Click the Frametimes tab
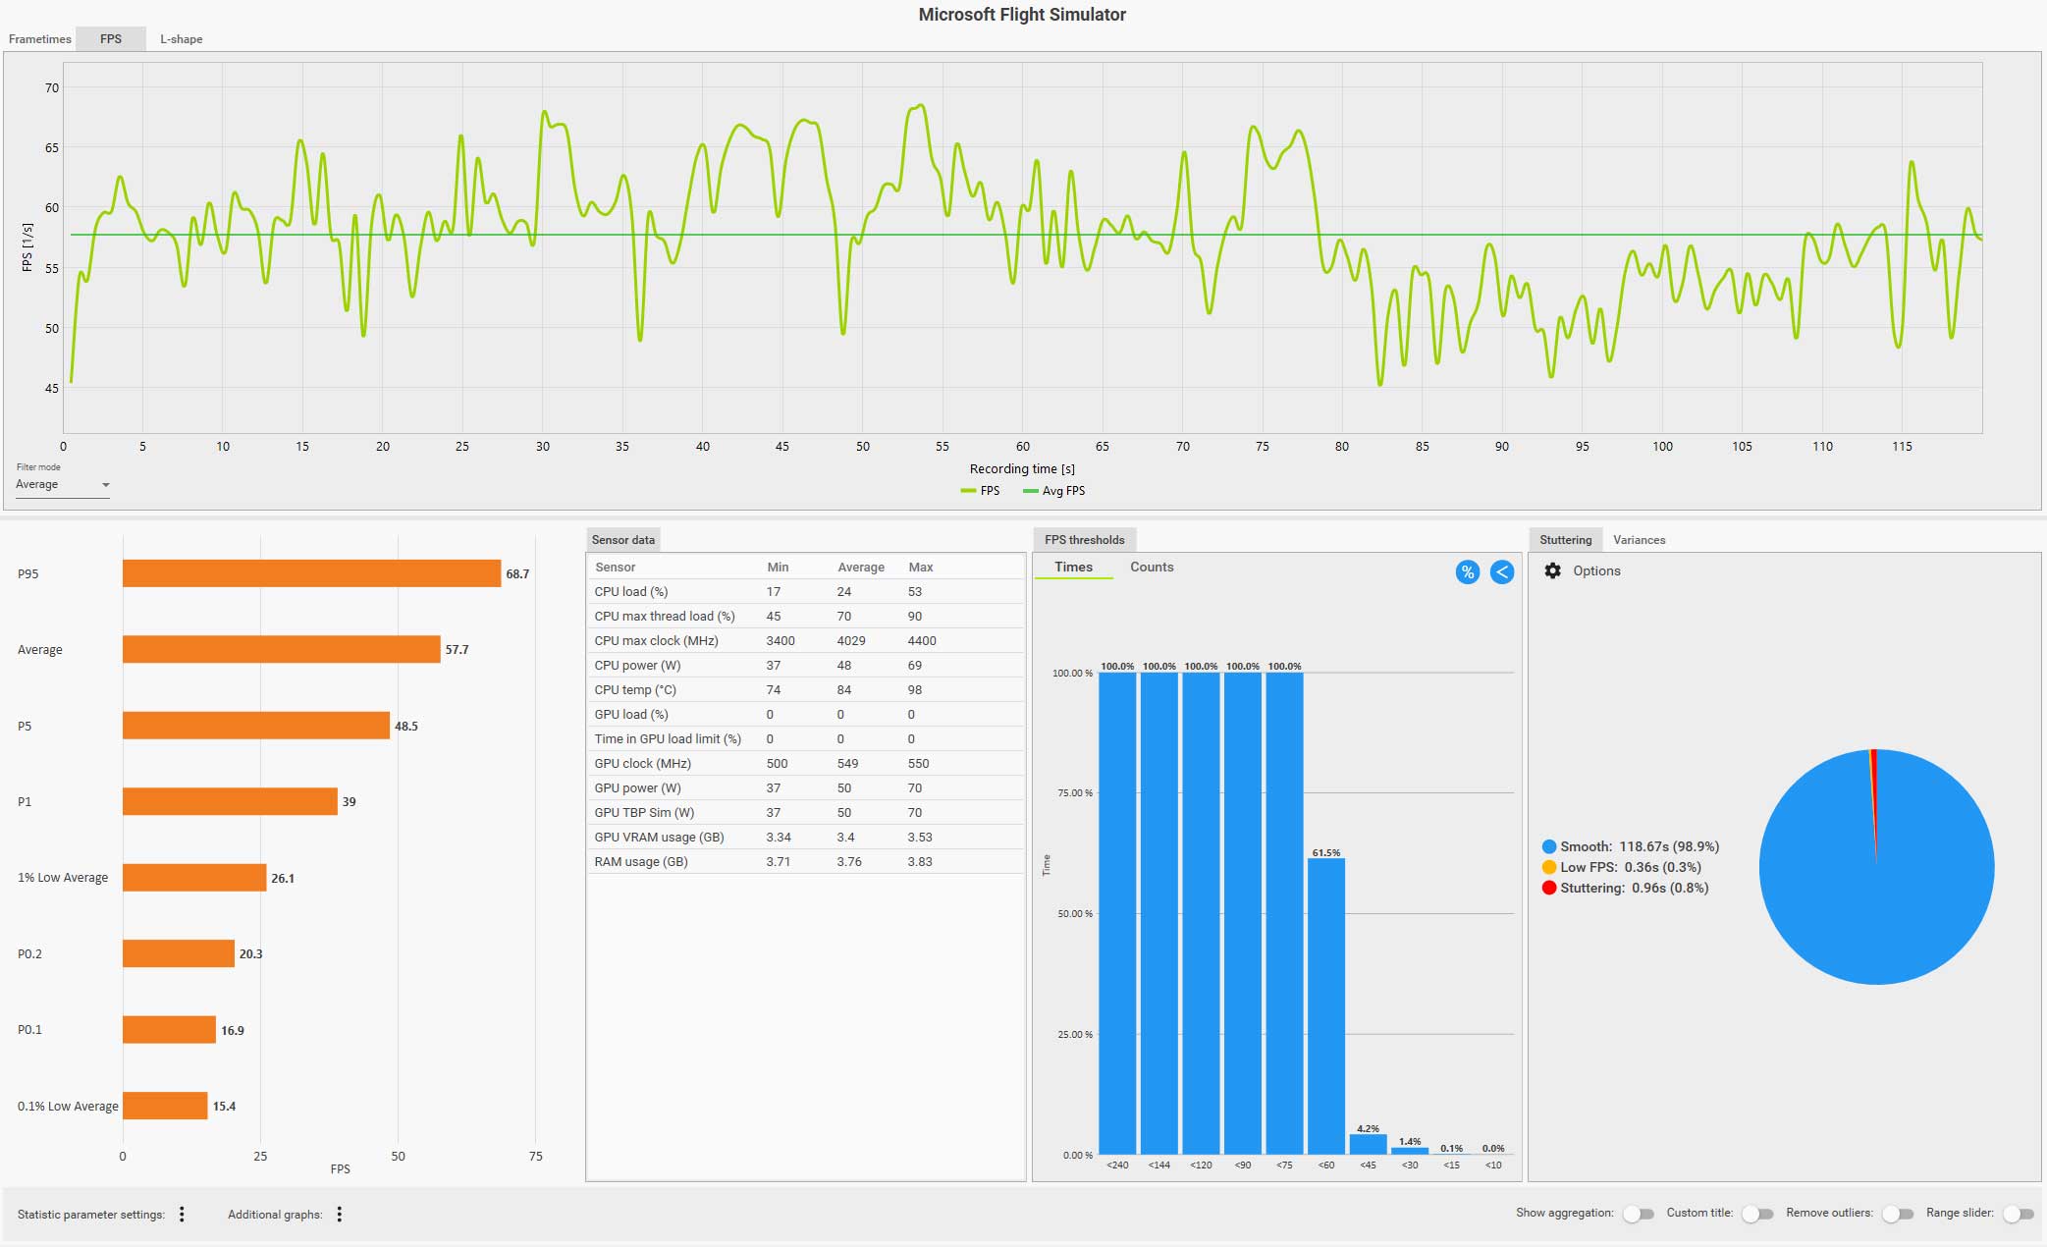click(x=40, y=39)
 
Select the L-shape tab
click(x=182, y=39)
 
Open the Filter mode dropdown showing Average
click(x=62, y=484)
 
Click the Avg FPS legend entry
click(x=1054, y=491)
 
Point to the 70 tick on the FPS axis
click(x=52, y=87)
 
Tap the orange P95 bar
click(x=311, y=573)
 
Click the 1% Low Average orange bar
click(x=194, y=878)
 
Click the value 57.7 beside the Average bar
click(x=457, y=650)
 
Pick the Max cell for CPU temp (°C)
click(x=915, y=689)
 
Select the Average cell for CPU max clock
click(x=851, y=640)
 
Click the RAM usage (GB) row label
click(x=641, y=861)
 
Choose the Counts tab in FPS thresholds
click(x=1152, y=567)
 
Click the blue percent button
click(x=1467, y=572)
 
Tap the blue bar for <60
click(x=1326, y=1005)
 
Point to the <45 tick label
click(x=1368, y=1166)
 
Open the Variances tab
click(x=1639, y=540)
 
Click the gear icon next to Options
click(x=1552, y=570)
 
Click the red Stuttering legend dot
click(x=1549, y=888)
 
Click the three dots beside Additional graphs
click(x=340, y=1215)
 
